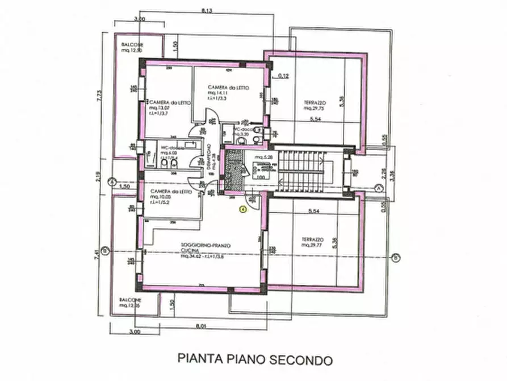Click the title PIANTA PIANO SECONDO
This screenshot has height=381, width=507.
pyautogui.click(x=254, y=359)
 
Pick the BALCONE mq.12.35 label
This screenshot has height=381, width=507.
pyautogui.click(x=131, y=303)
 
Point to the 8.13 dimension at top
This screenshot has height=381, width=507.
pyautogui.click(x=208, y=9)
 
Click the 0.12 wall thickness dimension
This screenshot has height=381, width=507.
pyautogui.click(x=284, y=76)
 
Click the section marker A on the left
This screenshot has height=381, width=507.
pyautogui.click(x=113, y=182)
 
